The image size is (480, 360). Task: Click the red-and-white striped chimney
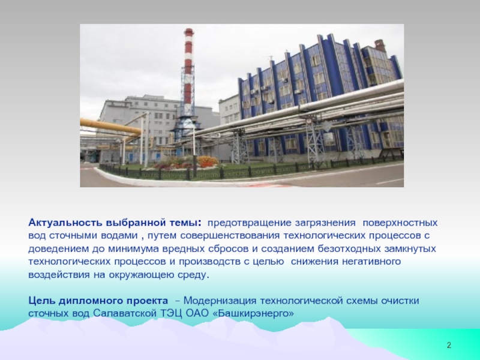[188, 72]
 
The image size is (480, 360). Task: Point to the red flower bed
[208, 161]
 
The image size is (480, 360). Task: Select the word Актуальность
[65, 223]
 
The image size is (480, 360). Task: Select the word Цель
[41, 301]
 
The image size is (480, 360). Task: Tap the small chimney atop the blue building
[379, 46]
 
